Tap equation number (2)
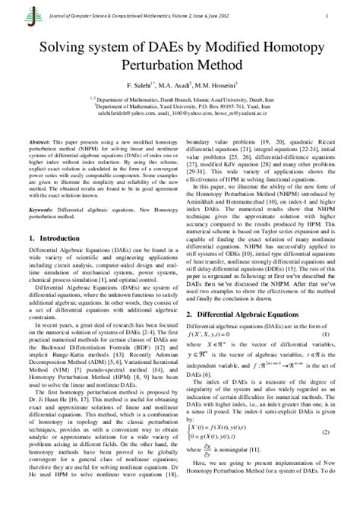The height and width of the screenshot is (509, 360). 326,432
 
